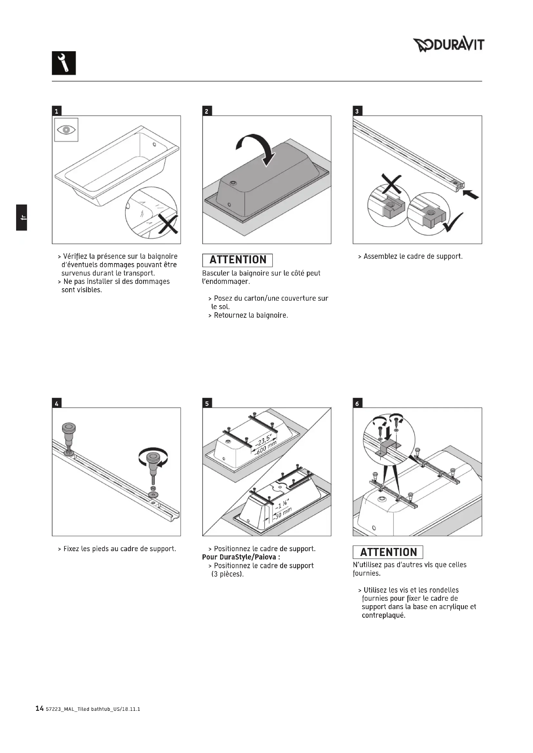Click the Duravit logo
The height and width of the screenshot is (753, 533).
point(448,45)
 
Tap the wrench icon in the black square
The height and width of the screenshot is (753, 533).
point(64,63)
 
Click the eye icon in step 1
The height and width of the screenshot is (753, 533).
point(66,130)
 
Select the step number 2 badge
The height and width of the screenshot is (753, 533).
point(207,111)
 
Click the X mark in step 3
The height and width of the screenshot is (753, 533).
point(391,184)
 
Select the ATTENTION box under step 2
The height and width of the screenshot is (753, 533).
point(237,260)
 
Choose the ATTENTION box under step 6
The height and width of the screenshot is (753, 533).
point(388,552)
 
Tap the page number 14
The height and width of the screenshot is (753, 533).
point(39,709)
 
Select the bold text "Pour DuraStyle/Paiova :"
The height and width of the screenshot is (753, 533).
point(241,557)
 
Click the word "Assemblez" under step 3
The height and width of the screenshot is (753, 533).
point(378,257)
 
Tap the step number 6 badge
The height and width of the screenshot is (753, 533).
point(357,403)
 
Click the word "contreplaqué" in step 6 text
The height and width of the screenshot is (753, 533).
point(383,616)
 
